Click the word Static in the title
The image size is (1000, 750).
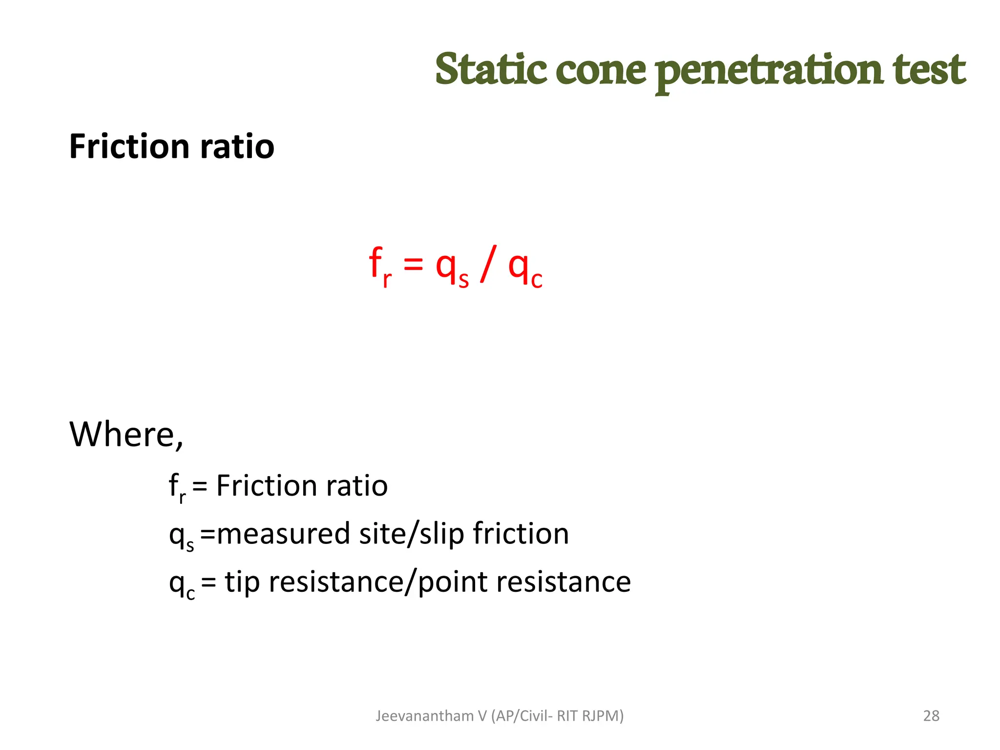pos(490,69)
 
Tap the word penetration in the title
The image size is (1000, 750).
pos(769,71)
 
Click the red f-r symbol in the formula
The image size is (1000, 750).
pos(380,267)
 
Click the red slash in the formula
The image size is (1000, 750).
pos(488,264)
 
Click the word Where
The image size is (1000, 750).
pos(126,434)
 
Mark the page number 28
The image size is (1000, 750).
pos(931,716)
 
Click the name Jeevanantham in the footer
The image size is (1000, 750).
pos(424,716)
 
